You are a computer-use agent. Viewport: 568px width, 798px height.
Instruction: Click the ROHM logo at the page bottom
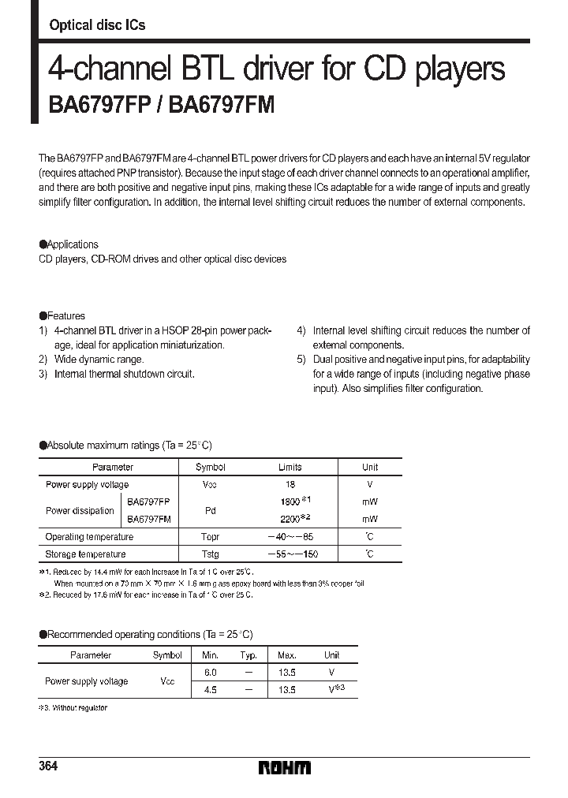[285, 767]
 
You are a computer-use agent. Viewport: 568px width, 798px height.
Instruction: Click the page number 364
[48, 767]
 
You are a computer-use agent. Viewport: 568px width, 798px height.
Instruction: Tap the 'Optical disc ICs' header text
[97, 25]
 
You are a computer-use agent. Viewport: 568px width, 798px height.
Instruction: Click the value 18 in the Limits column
[291, 485]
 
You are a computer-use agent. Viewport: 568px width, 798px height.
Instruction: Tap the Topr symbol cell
[211, 537]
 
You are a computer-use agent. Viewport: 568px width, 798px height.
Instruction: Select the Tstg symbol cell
[211, 554]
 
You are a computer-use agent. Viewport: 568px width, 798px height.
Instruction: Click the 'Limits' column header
[290, 468]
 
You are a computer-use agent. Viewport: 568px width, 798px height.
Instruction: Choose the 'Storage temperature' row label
[85, 554]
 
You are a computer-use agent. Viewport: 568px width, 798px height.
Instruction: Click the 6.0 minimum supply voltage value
[210, 673]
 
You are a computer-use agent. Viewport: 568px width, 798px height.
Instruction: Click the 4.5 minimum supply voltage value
[210, 689]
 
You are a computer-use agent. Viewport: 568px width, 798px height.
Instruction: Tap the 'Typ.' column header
[248, 655]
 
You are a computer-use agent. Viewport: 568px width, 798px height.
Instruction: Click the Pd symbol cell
[211, 510]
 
